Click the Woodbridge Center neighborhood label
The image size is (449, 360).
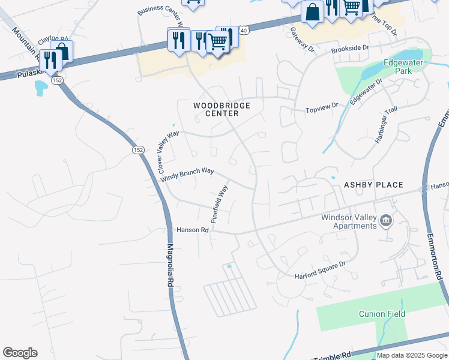pyautogui.click(x=221, y=109)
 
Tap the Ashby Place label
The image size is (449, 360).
pyautogui.click(x=373, y=185)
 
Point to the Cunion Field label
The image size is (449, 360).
pyautogui.click(x=382, y=314)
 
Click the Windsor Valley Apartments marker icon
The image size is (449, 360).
pyautogui.click(x=386, y=222)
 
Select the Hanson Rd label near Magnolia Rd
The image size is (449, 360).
pyautogui.click(x=192, y=230)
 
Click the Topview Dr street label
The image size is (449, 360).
pyautogui.click(x=322, y=108)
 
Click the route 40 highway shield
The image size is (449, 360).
pyautogui.click(x=244, y=29)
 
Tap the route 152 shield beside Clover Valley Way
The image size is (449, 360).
pyautogui.click(x=138, y=150)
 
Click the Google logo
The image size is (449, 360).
pyautogui.click(x=20, y=353)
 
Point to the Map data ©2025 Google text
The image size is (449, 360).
pyautogui.click(x=412, y=356)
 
